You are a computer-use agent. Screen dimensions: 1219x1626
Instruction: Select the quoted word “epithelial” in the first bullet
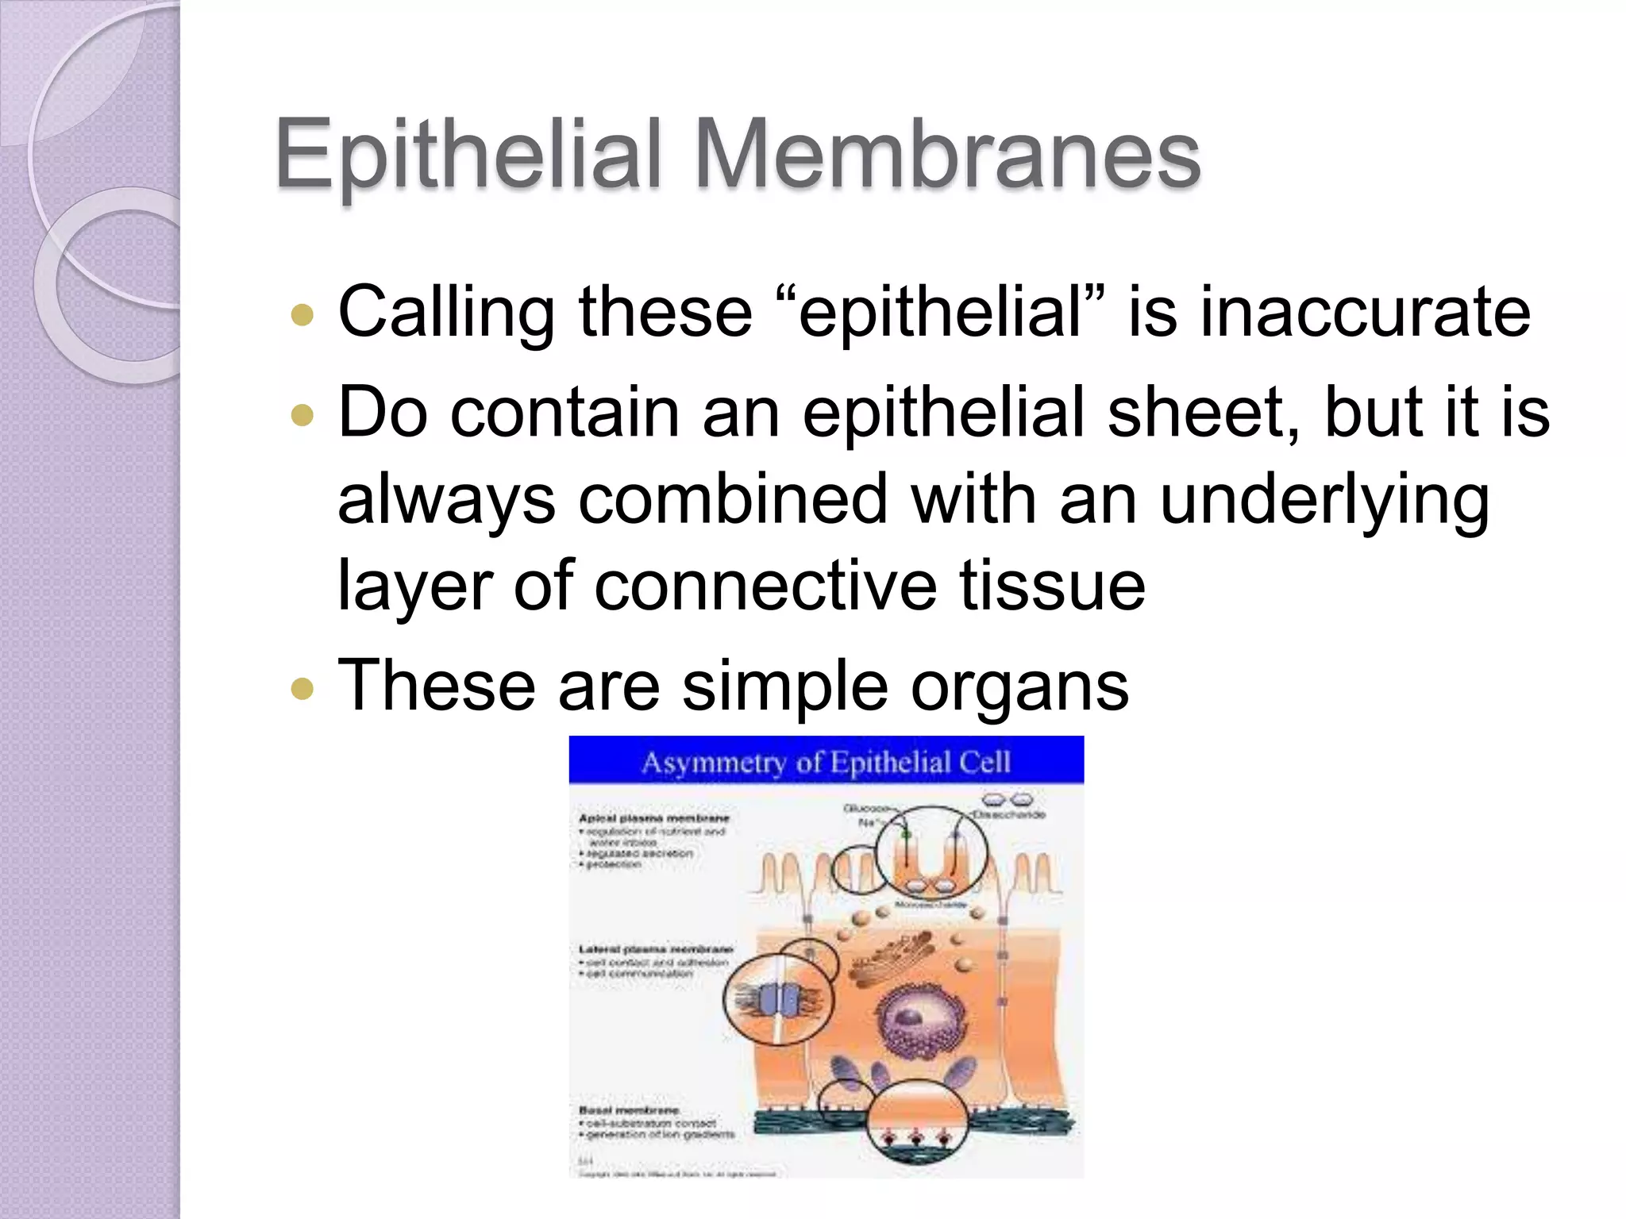(x=940, y=312)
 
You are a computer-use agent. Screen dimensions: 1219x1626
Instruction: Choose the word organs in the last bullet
(x=1019, y=686)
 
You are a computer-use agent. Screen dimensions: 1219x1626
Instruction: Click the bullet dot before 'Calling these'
(x=302, y=315)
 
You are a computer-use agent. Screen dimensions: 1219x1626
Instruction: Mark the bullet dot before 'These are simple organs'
(x=302, y=688)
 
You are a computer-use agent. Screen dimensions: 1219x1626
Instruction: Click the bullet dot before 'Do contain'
(x=302, y=415)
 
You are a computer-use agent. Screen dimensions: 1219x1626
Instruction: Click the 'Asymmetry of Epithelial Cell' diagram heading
(x=826, y=762)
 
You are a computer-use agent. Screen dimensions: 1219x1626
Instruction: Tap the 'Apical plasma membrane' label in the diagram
(x=654, y=818)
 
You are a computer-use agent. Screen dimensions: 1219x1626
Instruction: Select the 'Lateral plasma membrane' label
(x=656, y=949)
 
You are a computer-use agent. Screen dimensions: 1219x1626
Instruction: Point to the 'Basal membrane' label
(x=629, y=1110)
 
